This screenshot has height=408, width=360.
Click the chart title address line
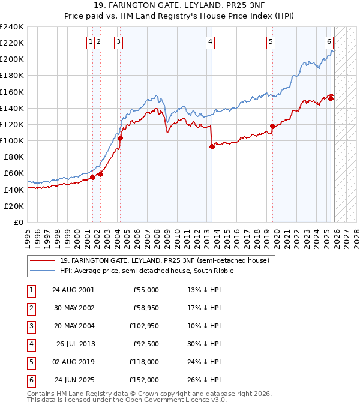[180, 6]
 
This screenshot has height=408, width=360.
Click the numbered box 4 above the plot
[211, 42]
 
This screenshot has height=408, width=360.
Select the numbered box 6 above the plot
[329, 42]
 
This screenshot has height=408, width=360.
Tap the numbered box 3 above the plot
[118, 42]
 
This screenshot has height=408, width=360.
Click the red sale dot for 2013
[212, 146]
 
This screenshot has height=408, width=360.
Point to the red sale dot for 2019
[272, 126]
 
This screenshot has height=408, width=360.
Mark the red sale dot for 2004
[120, 138]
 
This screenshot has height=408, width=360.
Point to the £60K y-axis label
[13, 173]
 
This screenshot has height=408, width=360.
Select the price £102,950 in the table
[143, 326]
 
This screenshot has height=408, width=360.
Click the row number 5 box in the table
[29, 362]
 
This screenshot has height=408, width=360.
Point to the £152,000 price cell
[143, 380]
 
